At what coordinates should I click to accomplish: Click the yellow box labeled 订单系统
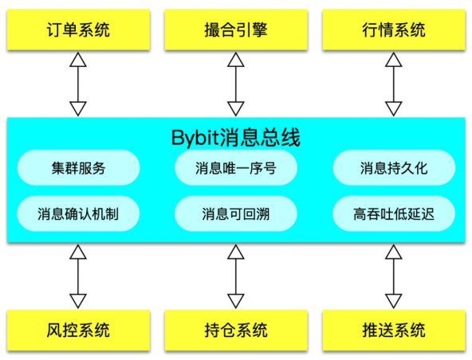pos(78,29)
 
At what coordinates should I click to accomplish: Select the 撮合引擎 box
pos(236,29)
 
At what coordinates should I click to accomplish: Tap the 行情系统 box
pos(394,29)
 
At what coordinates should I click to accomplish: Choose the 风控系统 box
pos(78,331)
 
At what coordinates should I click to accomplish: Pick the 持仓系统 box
pos(236,331)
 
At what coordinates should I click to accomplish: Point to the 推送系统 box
pos(394,331)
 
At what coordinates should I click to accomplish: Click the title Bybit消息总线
pos(236,138)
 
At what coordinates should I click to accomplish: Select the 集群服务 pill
pos(79,167)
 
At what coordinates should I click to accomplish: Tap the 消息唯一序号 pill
pos(236,167)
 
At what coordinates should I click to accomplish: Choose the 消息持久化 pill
pos(394,167)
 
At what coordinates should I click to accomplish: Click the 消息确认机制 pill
pos(78,213)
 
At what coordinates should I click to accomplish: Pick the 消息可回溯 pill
pos(236,213)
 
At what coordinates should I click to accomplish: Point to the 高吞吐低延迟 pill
pos(394,213)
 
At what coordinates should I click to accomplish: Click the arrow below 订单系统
pos(78,84)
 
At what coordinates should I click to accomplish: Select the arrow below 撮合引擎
pos(236,84)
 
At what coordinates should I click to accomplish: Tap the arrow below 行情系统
pos(393,84)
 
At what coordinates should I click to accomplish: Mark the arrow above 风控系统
pos(78,276)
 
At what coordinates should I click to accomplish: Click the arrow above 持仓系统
pos(236,276)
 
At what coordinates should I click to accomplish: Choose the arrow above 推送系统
pos(393,276)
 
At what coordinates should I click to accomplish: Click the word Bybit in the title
pos(195,139)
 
